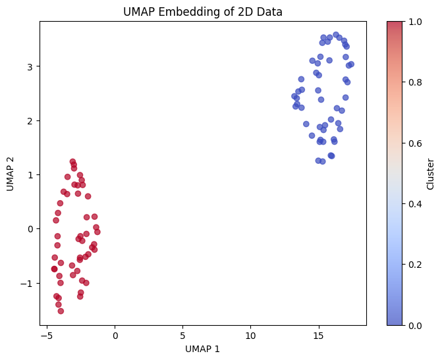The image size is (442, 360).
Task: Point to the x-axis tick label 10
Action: pyautogui.click(x=251, y=336)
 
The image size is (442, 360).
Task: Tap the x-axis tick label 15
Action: pyautogui.click(x=319, y=336)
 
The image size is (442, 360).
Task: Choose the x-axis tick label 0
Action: pyautogui.click(x=115, y=336)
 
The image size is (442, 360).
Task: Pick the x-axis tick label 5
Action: pyautogui.click(x=182, y=336)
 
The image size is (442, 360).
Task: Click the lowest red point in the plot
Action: pyautogui.click(x=61, y=311)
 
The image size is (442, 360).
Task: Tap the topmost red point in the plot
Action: pyautogui.click(x=72, y=161)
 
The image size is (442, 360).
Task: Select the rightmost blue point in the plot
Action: pyautogui.click(x=351, y=64)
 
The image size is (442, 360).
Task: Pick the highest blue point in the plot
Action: pyautogui.click(x=336, y=35)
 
